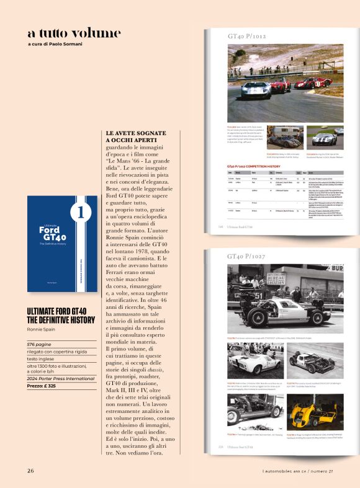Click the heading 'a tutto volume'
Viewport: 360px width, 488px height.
74,33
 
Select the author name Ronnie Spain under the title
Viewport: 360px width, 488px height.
42,329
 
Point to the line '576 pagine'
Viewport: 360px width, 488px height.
40,344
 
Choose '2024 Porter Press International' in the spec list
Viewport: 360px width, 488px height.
59,378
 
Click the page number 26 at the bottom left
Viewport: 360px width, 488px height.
30,470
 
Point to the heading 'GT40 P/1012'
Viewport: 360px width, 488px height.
246,37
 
